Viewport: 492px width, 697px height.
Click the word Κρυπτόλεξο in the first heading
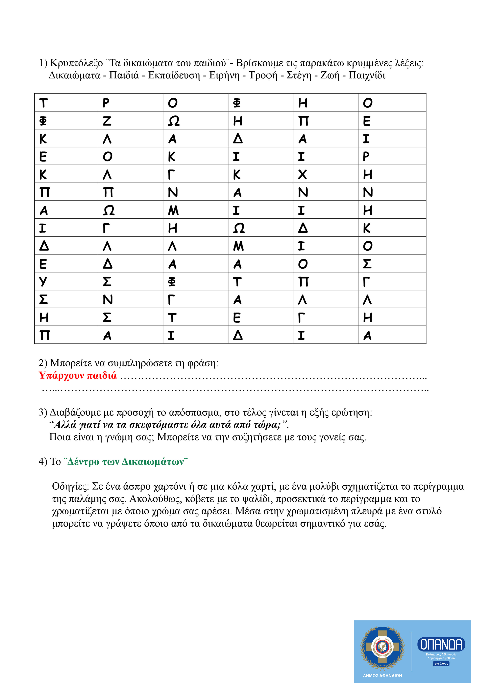(76, 63)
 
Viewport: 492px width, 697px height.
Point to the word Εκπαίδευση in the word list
(174, 75)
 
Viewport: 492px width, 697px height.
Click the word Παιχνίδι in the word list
(367, 75)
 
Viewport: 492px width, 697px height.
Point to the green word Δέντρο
(83, 462)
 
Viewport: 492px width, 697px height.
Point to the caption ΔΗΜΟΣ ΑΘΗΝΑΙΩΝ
(382, 676)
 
